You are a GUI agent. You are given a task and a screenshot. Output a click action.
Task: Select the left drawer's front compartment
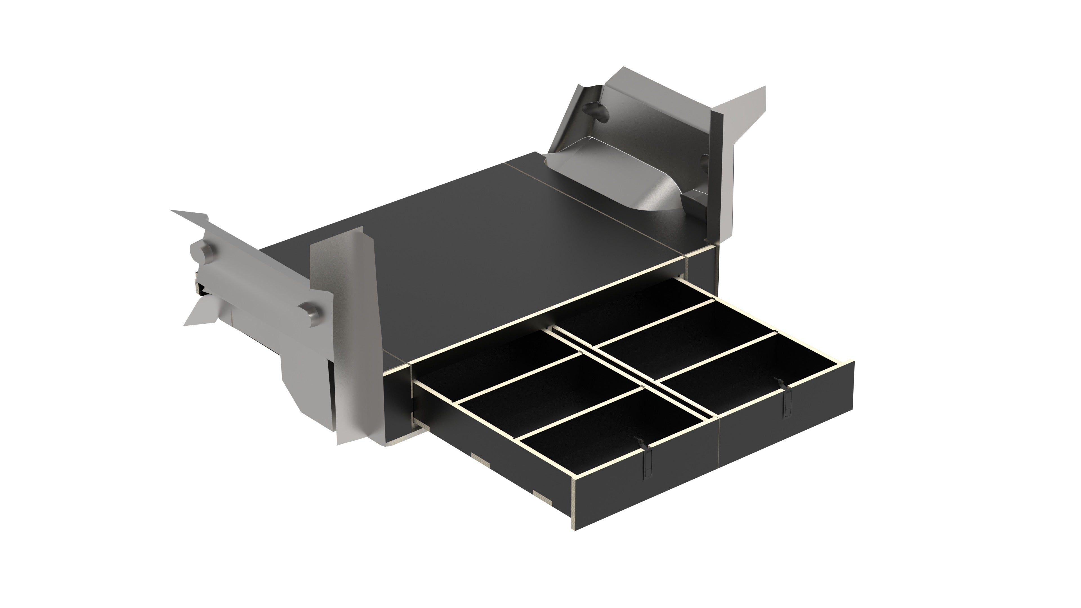[613, 441]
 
